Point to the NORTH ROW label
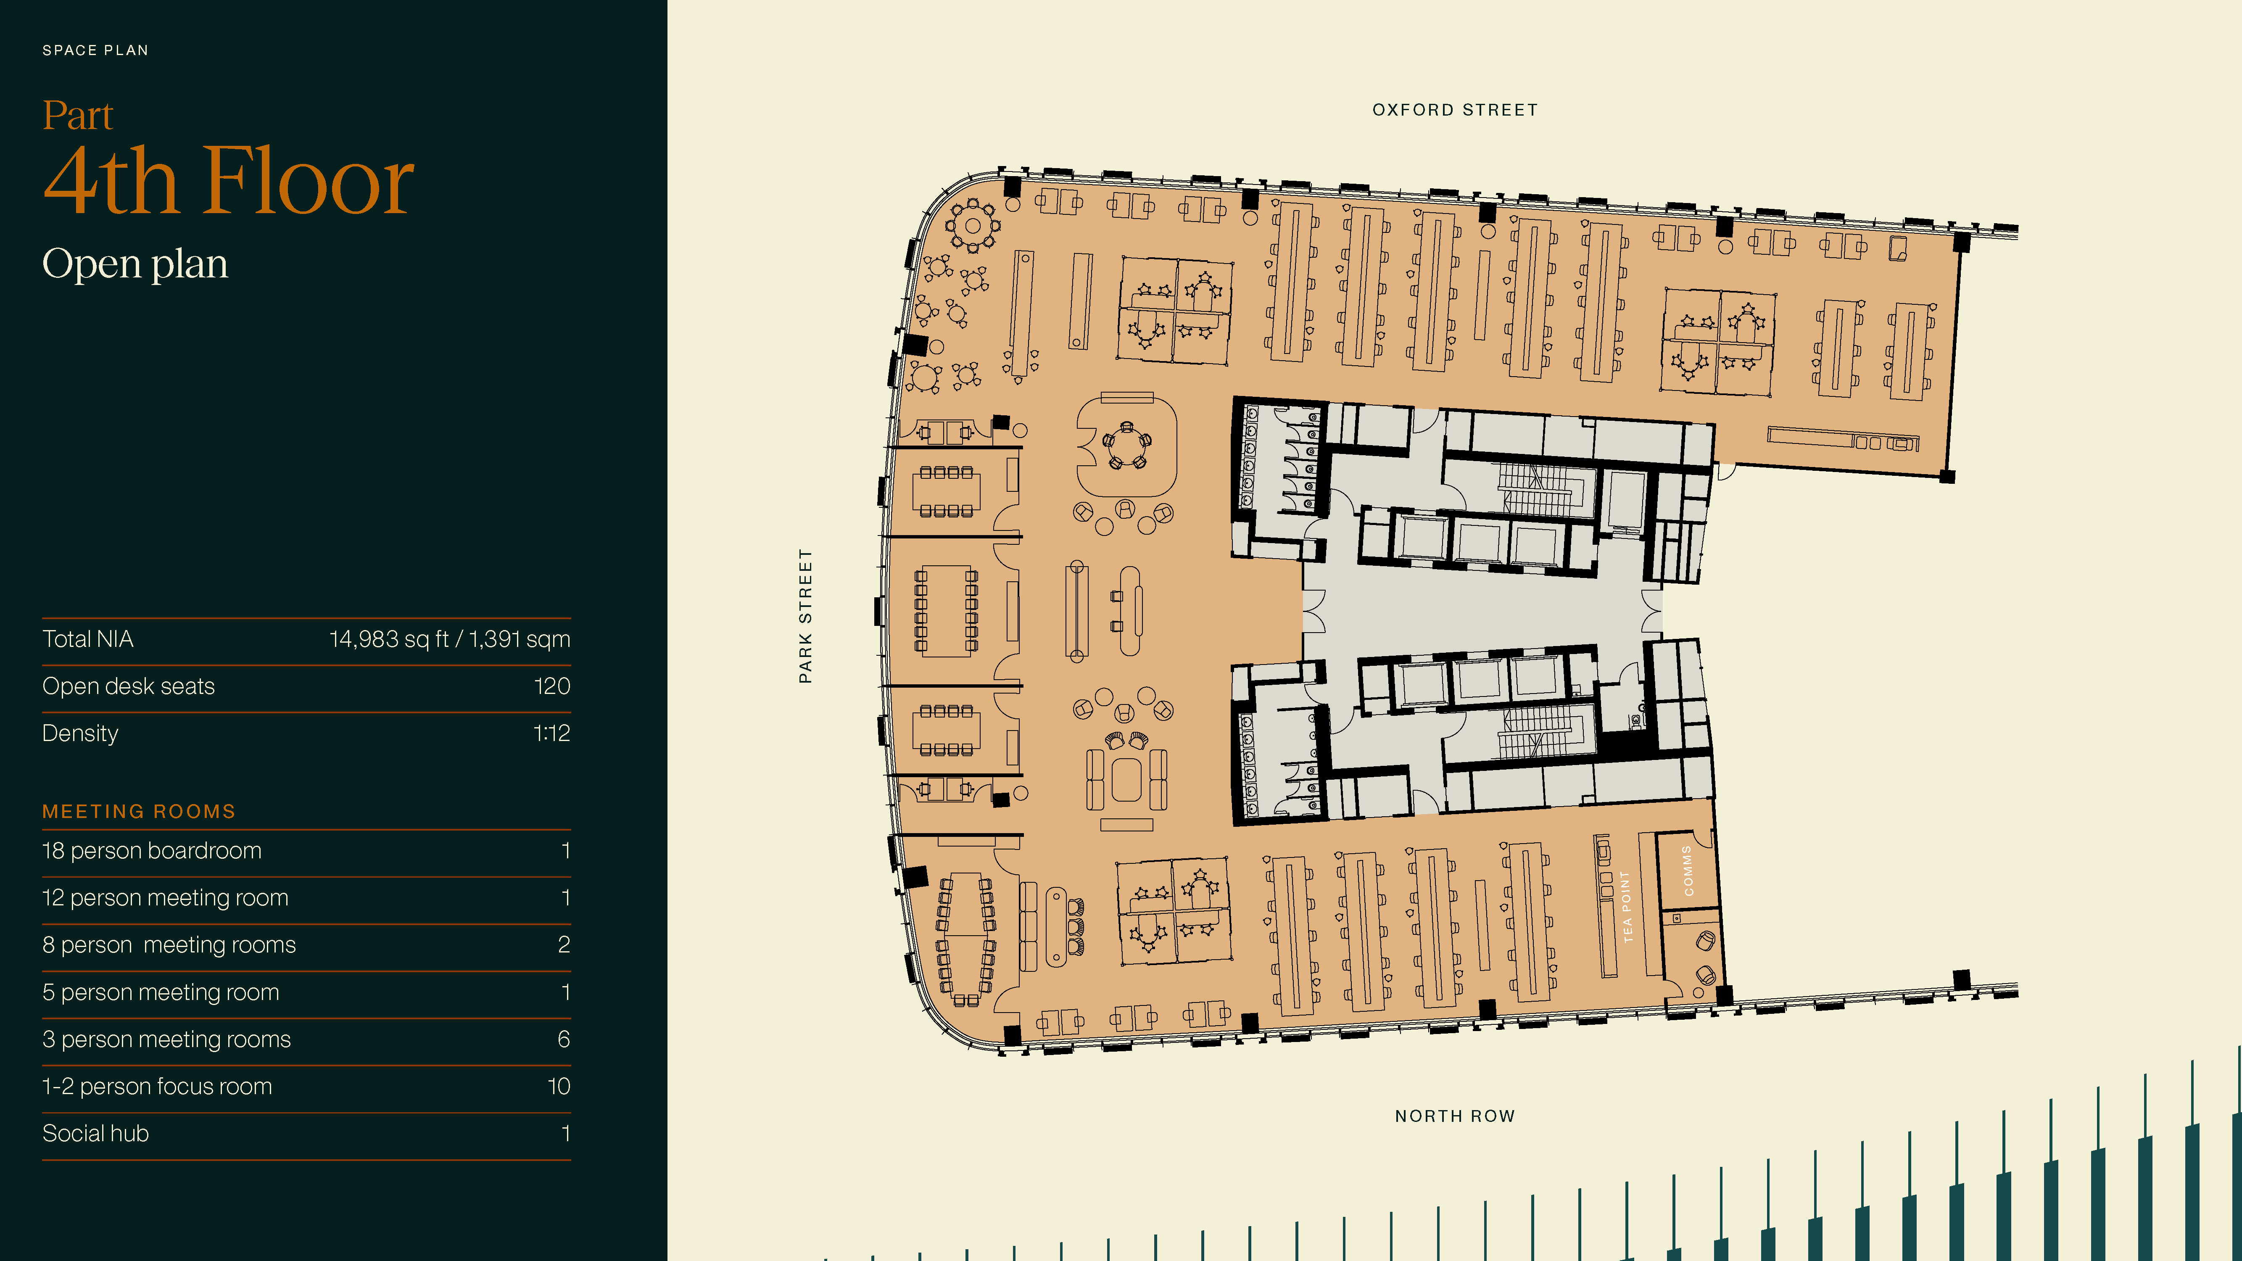click(x=1455, y=1116)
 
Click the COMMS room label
click(x=1688, y=870)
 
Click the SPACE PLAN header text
click(x=96, y=50)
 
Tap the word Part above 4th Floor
click(x=78, y=116)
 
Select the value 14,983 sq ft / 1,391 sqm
click(x=450, y=640)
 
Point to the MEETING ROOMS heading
click(x=139, y=811)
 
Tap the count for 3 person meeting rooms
click(x=564, y=1039)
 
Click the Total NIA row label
click(x=88, y=640)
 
